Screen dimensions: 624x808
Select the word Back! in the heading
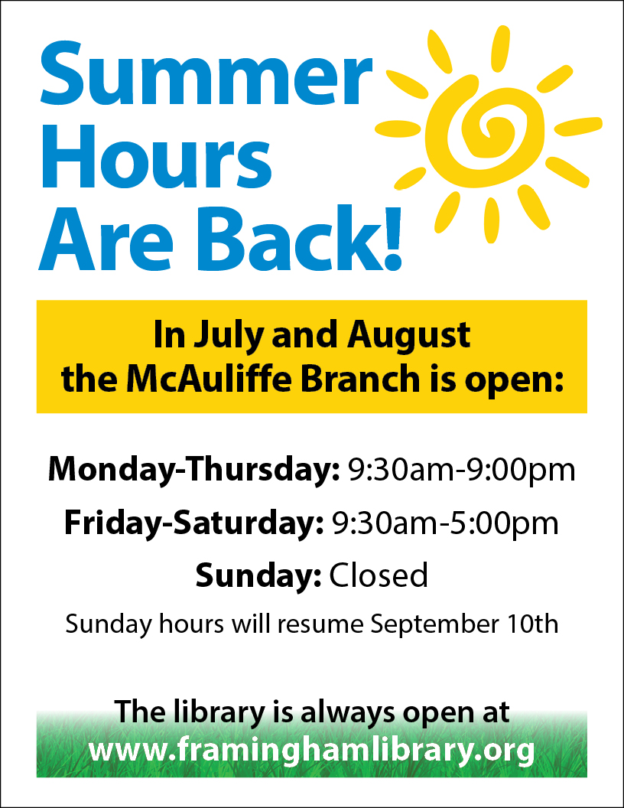coord(299,238)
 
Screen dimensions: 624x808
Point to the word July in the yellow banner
coord(228,335)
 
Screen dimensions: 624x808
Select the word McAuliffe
coord(209,379)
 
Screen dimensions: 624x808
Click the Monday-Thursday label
coord(193,470)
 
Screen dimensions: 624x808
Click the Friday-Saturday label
coord(194,523)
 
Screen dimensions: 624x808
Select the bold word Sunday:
coord(258,575)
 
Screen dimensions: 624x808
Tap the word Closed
coord(379,575)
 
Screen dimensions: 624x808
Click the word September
coord(435,624)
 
